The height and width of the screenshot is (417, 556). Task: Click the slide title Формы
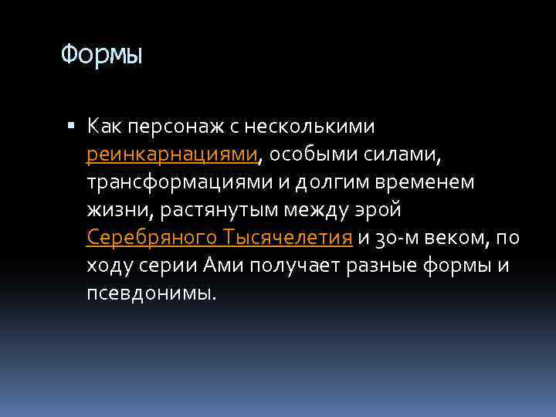(102, 55)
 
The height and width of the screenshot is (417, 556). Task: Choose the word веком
(463, 238)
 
